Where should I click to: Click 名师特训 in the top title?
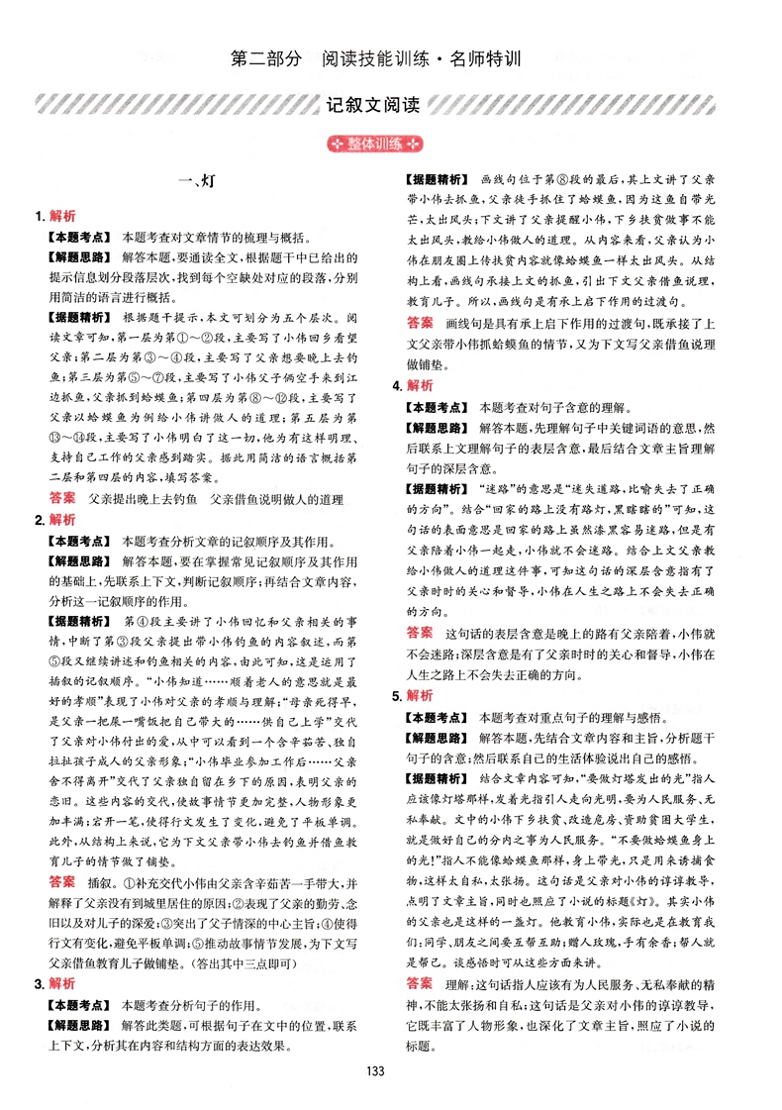[x=485, y=58]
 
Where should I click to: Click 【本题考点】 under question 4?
[x=440, y=407]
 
